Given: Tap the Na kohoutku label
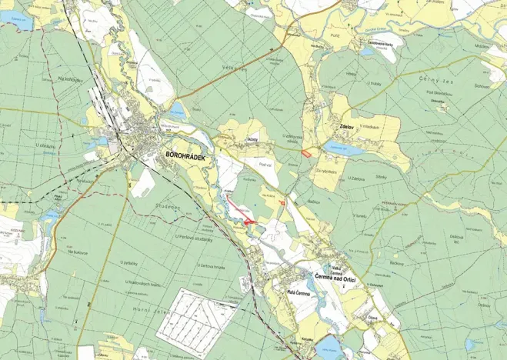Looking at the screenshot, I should coord(68,78).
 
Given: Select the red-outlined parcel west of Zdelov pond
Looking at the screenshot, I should coord(308,153).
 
